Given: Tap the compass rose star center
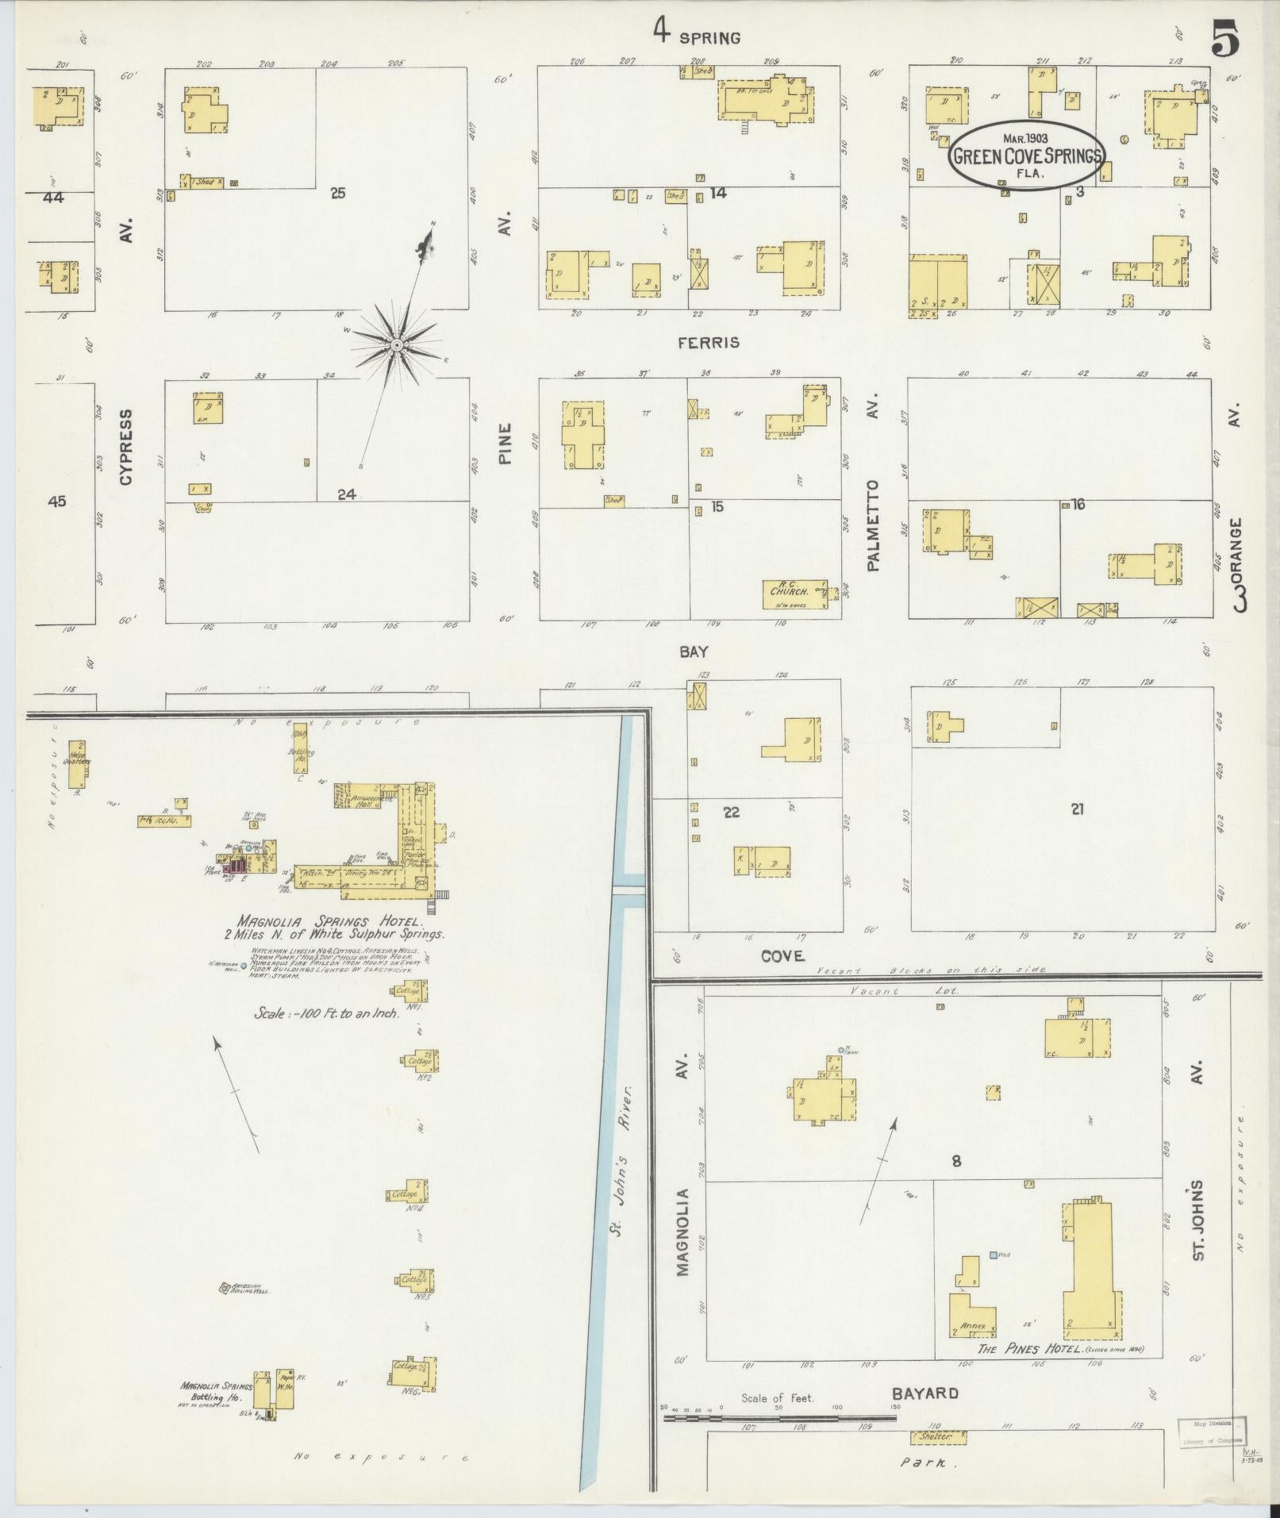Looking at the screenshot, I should coord(396,345).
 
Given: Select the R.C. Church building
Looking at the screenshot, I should coord(794,594).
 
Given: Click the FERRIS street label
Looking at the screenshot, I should coord(709,343).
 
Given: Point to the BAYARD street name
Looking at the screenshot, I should coord(924,1393).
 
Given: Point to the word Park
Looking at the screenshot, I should coord(925,1462).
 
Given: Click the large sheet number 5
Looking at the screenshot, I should coord(1225,40).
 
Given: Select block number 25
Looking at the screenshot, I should coord(338,193).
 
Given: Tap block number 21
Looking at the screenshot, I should coord(1077,809).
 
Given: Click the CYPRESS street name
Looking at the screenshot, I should coord(126,446).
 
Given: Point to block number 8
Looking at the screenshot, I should coord(956,1161).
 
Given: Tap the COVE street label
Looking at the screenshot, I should coord(782,956).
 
